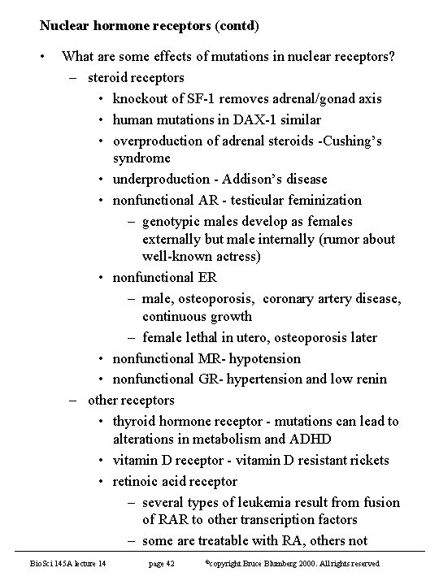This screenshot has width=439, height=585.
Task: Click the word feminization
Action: pyautogui.click(x=324, y=200)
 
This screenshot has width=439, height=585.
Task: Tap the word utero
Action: pyautogui.click(x=260, y=337)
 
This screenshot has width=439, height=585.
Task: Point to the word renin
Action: pyautogui.click(x=369, y=379)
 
